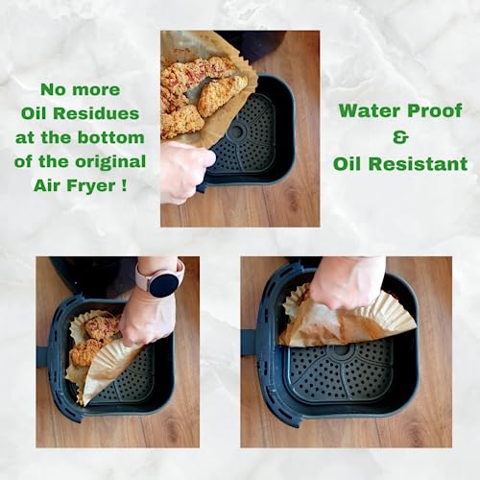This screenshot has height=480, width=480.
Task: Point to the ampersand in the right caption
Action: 401,136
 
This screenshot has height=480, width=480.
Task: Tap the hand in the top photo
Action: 184,170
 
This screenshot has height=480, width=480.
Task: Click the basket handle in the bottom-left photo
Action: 42,355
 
